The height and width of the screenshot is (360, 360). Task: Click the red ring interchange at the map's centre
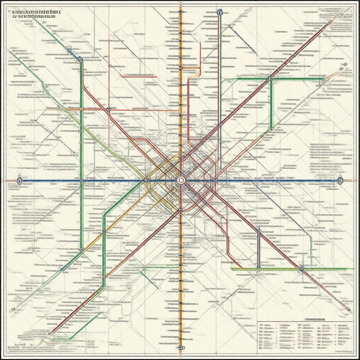(181, 180)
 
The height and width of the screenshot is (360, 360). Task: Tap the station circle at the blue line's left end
(19, 181)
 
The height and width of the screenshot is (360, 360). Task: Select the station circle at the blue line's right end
(340, 180)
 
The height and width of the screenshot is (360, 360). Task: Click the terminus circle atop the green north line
(220, 12)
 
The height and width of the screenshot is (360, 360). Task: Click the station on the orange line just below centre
(180, 210)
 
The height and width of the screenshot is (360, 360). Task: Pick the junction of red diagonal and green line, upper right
(270, 79)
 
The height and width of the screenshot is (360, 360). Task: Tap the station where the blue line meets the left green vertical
(82, 181)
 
